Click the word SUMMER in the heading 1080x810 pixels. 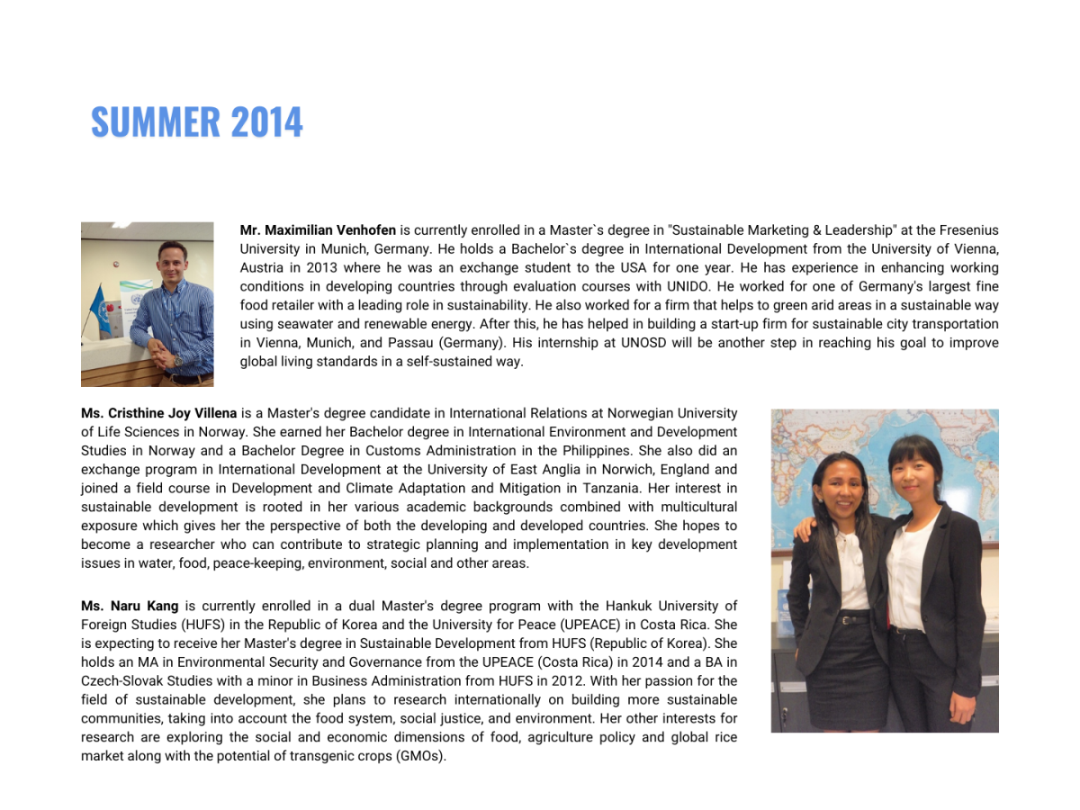point(155,122)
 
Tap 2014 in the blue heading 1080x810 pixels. point(266,122)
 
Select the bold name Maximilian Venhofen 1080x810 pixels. point(318,230)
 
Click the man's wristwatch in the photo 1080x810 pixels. point(178,361)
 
